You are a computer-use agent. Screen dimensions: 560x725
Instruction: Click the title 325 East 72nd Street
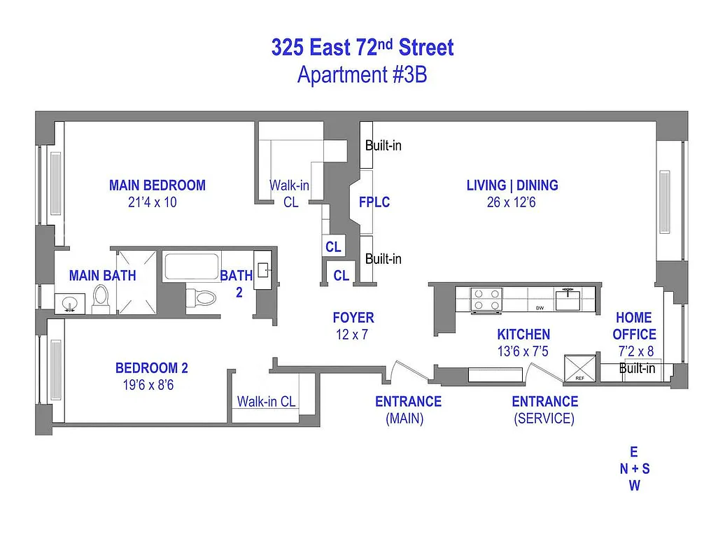tap(362, 48)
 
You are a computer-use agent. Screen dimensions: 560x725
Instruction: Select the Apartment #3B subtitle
tap(362, 74)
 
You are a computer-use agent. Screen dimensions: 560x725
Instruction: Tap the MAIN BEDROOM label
tap(157, 185)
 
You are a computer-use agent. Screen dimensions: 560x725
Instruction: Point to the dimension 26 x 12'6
tap(512, 202)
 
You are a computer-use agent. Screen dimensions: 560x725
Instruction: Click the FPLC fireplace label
tap(374, 202)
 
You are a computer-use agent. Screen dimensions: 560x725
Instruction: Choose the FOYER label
tap(353, 318)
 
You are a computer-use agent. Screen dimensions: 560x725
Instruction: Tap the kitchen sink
tap(568, 300)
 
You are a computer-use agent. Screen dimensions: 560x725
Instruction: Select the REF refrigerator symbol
tap(580, 367)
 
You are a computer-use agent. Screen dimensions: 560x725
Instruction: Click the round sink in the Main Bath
tap(69, 304)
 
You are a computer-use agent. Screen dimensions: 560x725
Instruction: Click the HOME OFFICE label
tap(634, 326)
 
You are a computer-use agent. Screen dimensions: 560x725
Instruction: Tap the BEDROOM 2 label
tap(152, 368)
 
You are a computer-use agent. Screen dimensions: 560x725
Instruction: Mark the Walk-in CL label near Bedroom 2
tap(266, 402)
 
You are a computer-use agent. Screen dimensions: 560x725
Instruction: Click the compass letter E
tap(634, 452)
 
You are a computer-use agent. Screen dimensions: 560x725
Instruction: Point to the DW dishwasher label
tap(540, 308)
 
